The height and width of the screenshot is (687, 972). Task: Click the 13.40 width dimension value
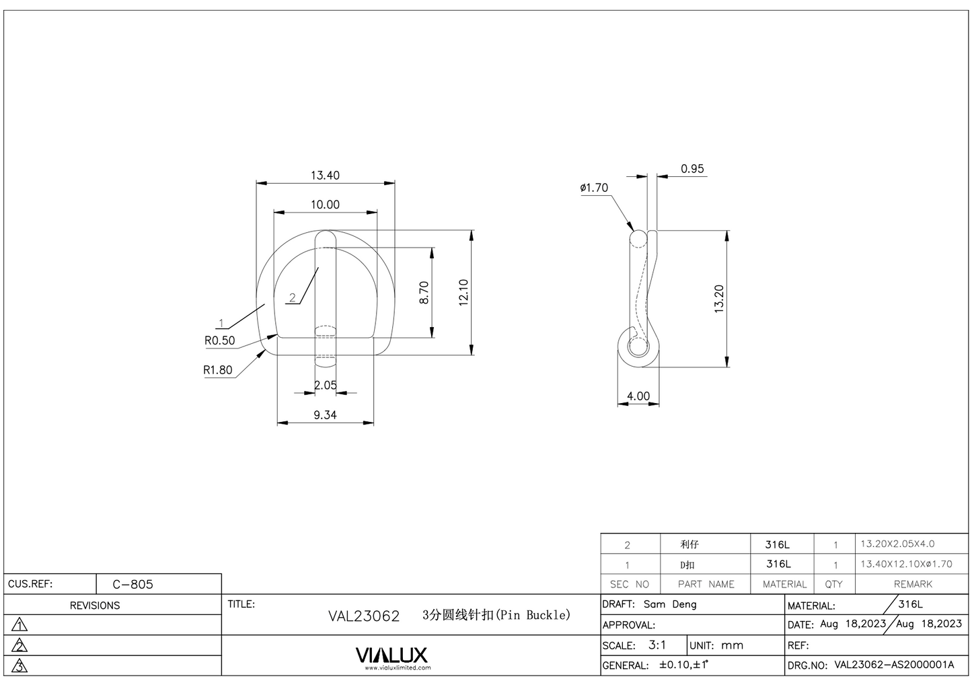pyautogui.click(x=325, y=176)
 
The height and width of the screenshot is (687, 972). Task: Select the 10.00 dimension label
pyautogui.click(x=325, y=205)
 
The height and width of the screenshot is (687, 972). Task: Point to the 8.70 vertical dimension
pyautogui.click(x=424, y=292)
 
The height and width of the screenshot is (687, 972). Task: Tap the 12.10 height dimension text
pyautogui.click(x=463, y=293)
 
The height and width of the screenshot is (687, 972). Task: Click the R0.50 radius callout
pyautogui.click(x=219, y=340)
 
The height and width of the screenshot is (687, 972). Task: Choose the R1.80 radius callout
pyautogui.click(x=217, y=370)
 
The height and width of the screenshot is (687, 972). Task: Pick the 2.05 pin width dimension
pyautogui.click(x=326, y=385)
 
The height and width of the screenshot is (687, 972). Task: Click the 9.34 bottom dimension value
pyautogui.click(x=325, y=415)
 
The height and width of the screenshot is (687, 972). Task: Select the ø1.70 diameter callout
pyautogui.click(x=594, y=188)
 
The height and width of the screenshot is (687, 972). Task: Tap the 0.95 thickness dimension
pyautogui.click(x=692, y=169)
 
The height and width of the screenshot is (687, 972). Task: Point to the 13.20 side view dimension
pyautogui.click(x=718, y=299)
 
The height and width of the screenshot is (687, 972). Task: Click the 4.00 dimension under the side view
pyautogui.click(x=638, y=396)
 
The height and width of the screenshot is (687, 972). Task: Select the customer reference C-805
pyautogui.click(x=133, y=584)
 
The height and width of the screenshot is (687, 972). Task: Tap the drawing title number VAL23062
pyautogui.click(x=363, y=616)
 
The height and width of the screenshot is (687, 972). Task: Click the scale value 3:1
pyautogui.click(x=657, y=645)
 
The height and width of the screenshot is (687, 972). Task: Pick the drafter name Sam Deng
pyautogui.click(x=670, y=604)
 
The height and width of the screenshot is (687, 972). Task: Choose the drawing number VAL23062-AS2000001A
pyautogui.click(x=894, y=665)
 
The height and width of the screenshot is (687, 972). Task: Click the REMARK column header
pyautogui.click(x=913, y=584)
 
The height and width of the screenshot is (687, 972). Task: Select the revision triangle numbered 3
pyautogui.click(x=20, y=666)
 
